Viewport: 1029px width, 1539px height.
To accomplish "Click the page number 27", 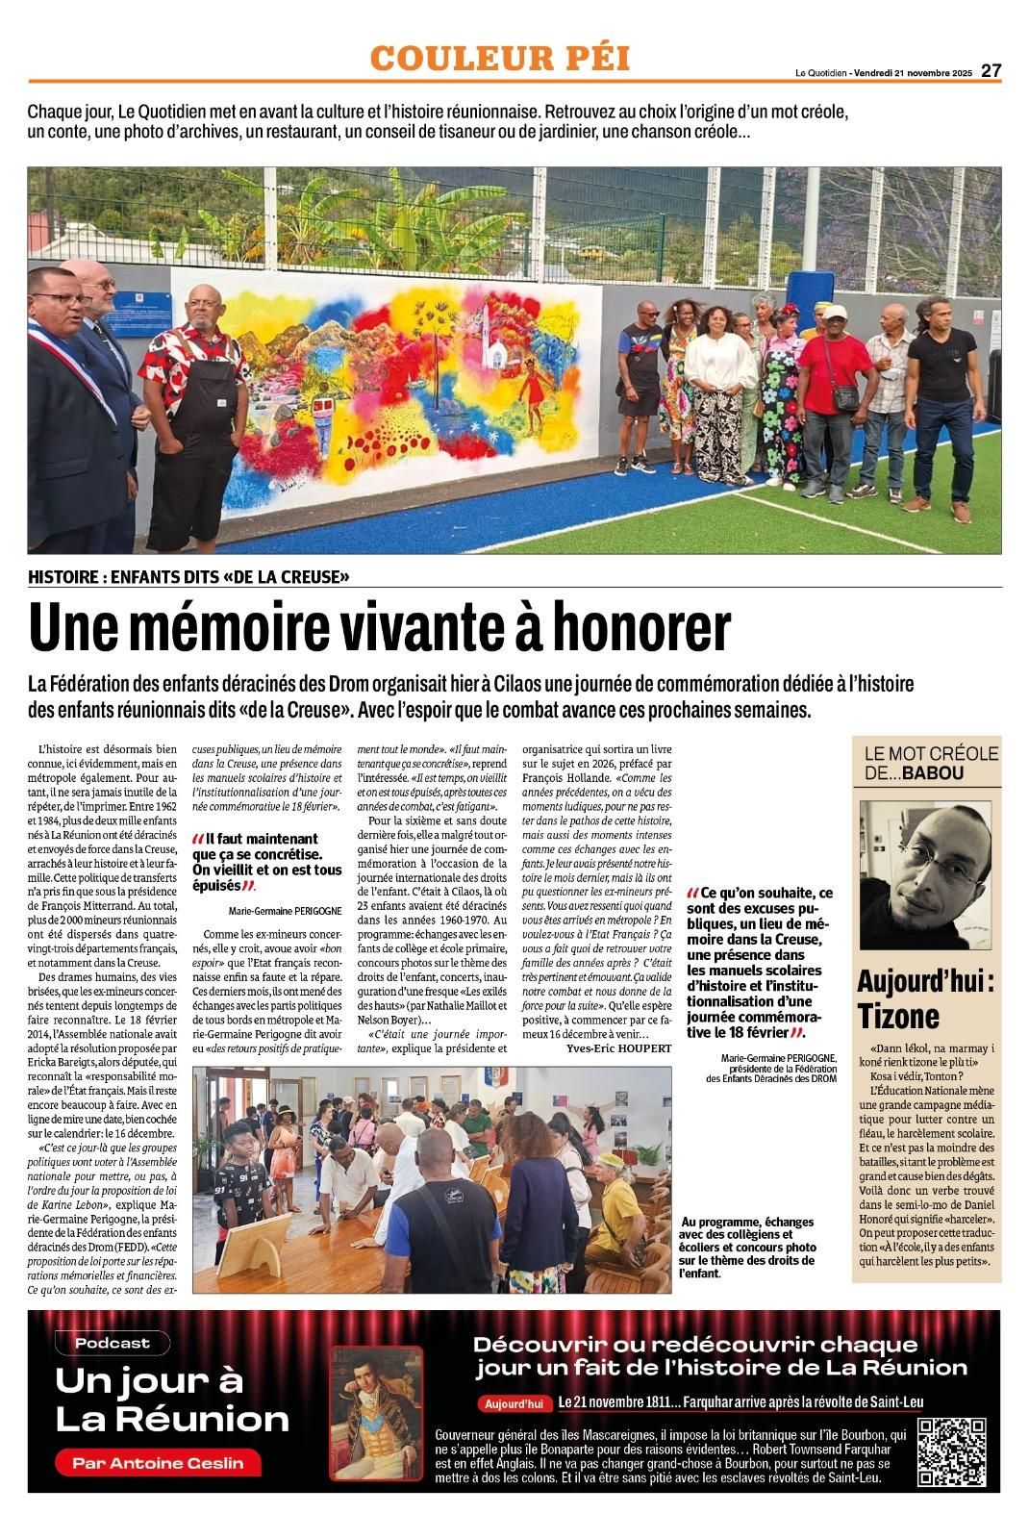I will click(991, 70).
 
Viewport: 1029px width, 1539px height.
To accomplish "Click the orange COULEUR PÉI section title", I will click(500, 58).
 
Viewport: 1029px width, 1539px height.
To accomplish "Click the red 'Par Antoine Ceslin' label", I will click(157, 1463).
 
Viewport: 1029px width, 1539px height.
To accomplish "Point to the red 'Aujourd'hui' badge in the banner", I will click(514, 1403).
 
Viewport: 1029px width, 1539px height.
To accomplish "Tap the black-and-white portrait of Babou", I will click(925, 874).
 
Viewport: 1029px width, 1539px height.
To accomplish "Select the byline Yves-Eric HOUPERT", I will click(618, 1047).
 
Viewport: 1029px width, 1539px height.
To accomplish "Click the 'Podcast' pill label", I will click(113, 1343).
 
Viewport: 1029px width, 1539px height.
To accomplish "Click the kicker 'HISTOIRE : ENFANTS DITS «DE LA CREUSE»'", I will click(188, 577).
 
